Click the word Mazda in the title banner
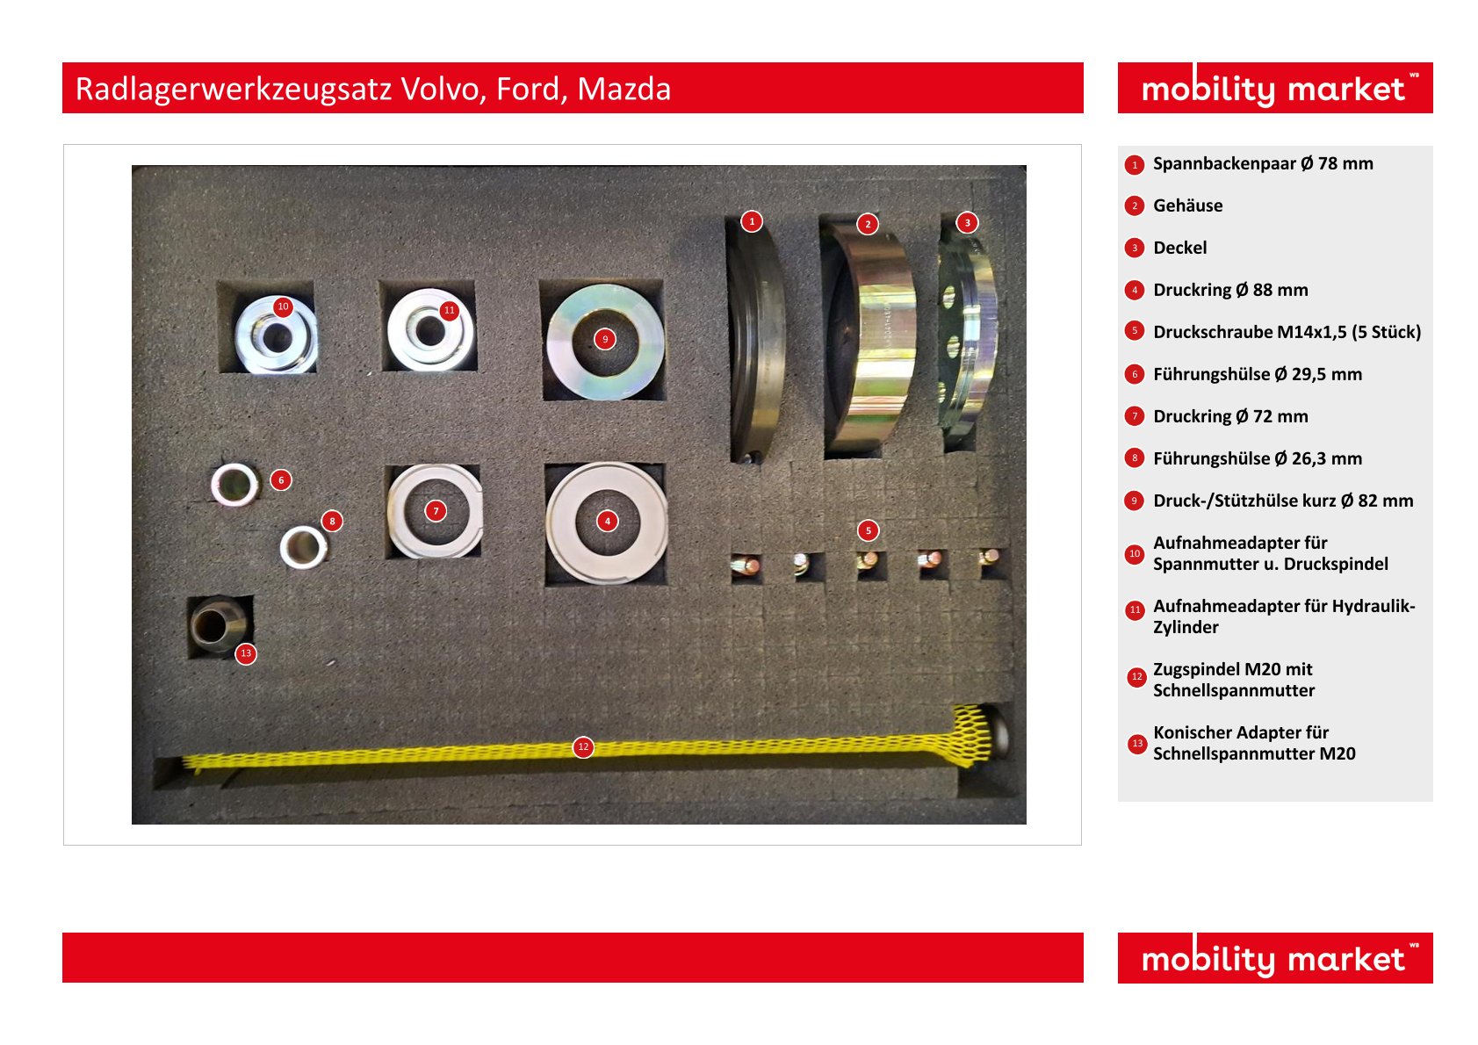point(624,89)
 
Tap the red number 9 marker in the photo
point(605,339)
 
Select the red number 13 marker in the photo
point(246,653)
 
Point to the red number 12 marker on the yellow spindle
point(583,746)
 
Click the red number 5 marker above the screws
point(869,530)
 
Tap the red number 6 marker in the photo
point(281,479)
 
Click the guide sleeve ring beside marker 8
point(303,547)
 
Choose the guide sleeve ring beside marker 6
point(234,485)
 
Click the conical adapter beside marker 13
point(219,624)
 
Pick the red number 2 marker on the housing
point(868,224)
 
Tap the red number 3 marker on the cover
point(967,222)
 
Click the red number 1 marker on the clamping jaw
point(752,221)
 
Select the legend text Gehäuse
point(1187,205)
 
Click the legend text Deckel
point(1179,248)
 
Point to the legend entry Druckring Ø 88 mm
point(1230,291)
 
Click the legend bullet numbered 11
point(1135,609)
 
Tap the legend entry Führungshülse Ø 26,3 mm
point(1258,458)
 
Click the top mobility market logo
point(1275,88)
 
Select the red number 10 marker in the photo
point(283,306)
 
